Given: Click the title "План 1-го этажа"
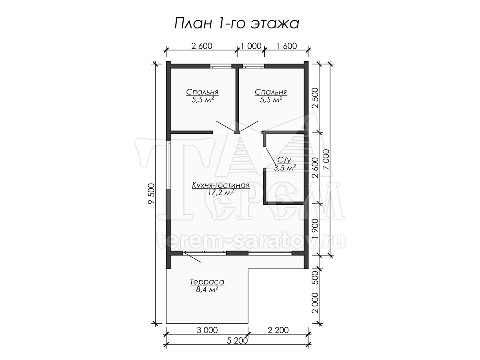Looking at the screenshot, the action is click(237, 23).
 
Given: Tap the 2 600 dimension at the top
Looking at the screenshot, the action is click(202, 46).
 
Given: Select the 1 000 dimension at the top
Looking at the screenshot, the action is click(251, 46).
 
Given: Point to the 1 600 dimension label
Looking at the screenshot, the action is click(286, 46).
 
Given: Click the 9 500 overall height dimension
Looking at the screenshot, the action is click(151, 194).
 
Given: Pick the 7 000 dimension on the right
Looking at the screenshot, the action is click(326, 160).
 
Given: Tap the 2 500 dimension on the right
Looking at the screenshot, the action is click(316, 98).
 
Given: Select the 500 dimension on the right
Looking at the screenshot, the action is click(316, 278).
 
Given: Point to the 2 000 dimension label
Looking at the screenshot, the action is click(316, 303).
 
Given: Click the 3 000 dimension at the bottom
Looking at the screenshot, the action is click(207, 330).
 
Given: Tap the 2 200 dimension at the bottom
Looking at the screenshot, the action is click(278, 330).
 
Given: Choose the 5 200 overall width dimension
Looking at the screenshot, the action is click(237, 340).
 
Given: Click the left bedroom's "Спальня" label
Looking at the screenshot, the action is click(202, 92).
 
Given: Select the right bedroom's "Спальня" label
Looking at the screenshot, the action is click(271, 92).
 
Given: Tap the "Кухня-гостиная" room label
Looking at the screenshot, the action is click(221, 185).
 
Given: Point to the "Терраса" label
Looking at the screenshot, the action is click(207, 282).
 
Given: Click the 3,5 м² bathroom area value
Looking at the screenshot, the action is click(285, 168).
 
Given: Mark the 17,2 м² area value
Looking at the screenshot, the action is click(221, 192).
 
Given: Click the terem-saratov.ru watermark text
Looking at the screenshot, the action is click(252, 241).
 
